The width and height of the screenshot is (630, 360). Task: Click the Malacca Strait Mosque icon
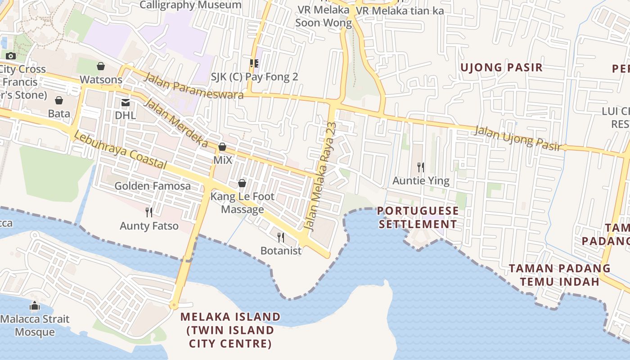coord(35,306)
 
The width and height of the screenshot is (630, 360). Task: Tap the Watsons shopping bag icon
coord(101,67)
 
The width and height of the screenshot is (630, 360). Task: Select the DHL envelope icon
coord(126,103)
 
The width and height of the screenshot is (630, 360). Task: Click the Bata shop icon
coord(59,100)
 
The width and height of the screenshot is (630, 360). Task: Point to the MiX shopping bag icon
coord(222,147)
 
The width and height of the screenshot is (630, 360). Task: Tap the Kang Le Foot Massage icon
coord(242,183)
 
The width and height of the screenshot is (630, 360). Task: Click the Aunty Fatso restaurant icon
coord(149,212)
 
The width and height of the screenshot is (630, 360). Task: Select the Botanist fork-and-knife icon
coord(281,237)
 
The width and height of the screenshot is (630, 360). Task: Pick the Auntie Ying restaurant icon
coord(421,167)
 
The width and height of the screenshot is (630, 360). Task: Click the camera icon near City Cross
coord(11,56)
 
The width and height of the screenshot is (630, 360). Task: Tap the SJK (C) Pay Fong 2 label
coord(255,77)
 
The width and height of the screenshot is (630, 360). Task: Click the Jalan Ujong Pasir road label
coord(518,138)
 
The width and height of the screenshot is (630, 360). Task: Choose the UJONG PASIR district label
coord(502,67)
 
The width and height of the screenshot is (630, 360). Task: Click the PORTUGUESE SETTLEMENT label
coord(418,217)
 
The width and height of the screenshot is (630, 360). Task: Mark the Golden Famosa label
coord(153,186)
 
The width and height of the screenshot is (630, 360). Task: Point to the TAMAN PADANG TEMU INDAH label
coord(560,275)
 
